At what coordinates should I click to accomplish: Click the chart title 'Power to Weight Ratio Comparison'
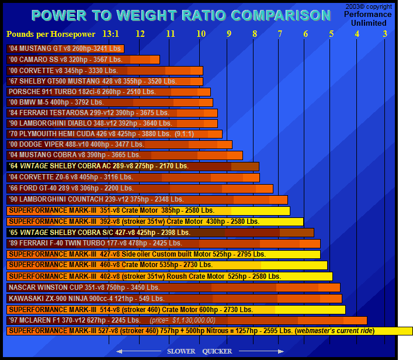(181, 15)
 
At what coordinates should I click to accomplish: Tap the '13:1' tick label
(110, 34)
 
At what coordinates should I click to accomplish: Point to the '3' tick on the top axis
(384, 34)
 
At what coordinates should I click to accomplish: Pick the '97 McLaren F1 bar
(187, 320)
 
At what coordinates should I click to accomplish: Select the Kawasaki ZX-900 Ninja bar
(174, 299)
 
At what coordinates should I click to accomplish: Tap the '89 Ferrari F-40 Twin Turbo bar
(164, 243)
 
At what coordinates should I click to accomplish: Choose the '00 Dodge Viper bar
(119, 144)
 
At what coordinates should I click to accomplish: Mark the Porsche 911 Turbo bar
(109, 92)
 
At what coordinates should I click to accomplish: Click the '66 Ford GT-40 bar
(140, 189)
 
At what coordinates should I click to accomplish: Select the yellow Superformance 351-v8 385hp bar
(148, 210)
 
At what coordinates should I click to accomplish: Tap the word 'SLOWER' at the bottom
(181, 351)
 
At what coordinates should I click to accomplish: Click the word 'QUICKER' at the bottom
(217, 351)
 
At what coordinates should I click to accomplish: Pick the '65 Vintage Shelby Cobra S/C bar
(160, 233)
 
